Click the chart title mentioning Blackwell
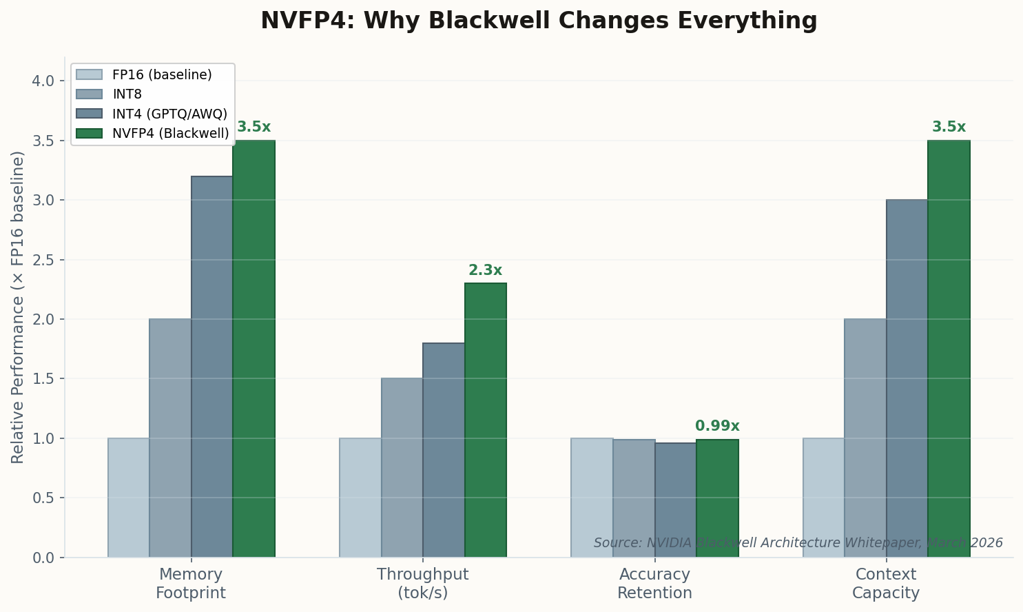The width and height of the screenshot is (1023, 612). click(538, 21)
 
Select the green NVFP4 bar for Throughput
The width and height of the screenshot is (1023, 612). click(485, 420)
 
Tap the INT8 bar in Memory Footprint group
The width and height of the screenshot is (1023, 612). click(170, 438)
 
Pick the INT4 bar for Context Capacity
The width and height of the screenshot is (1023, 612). click(907, 379)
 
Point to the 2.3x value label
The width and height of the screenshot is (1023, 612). click(485, 271)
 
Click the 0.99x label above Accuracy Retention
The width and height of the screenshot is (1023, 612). click(717, 426)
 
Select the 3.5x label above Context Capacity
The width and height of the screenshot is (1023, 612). click(949, 127)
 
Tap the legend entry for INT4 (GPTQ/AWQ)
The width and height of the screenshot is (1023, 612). click(169, 114)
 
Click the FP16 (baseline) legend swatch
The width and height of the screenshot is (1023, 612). click(89, 74)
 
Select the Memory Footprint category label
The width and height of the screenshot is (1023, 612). click(191, 583)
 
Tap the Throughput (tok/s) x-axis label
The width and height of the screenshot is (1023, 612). click(422, 583)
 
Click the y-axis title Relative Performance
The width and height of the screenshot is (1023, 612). click(18, 307)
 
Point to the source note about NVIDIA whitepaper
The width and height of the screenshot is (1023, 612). click(798, 543)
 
